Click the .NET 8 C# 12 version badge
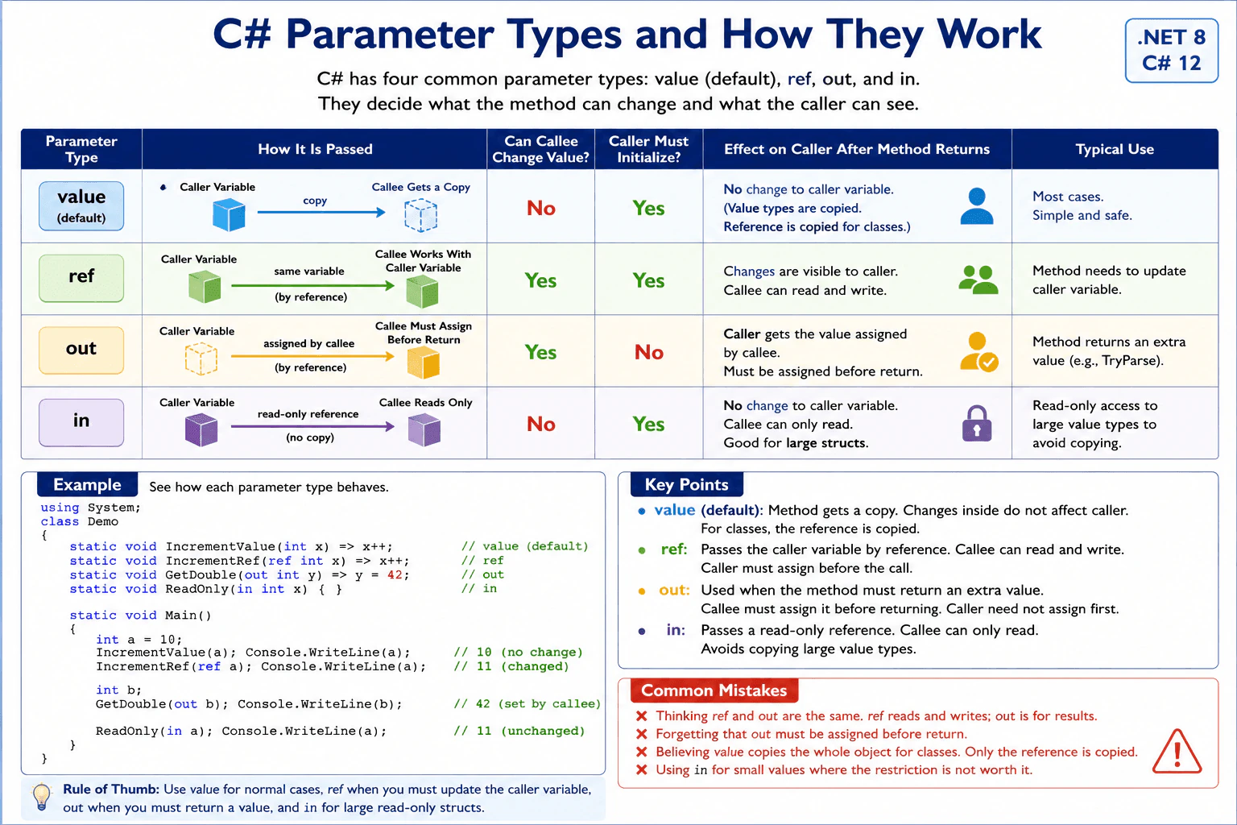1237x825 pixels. (x=1171, y=50)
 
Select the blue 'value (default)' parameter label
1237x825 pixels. (x=81, y=205)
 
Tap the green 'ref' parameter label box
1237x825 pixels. (x=81, y=277)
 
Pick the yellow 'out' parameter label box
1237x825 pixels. (x=81, y=350)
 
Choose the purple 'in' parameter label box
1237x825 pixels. (x=81, y=422)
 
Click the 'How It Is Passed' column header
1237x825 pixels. (x=315, y=149)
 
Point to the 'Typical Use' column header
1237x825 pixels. (x=1115, y=149)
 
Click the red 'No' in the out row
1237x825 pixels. (x=648, y=352)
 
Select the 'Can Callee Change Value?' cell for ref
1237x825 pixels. (x=540, y=280)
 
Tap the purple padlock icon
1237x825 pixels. (x=977, y=423)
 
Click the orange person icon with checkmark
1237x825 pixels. (x=978, y=351)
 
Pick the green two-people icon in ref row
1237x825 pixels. (x=978, y=280)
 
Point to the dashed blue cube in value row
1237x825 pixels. (x=421, y=215)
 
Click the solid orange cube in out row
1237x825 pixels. (x=423, y=363)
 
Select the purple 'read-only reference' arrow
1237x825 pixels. (x=312, y=426)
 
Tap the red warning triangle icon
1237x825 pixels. (x=1177, y=751)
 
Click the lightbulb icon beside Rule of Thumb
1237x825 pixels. (x=41, y=797)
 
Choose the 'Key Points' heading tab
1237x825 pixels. (x=686, y=485)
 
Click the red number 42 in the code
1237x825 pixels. (x=395, y=574)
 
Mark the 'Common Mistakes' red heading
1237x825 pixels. (x=714, y=690)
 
